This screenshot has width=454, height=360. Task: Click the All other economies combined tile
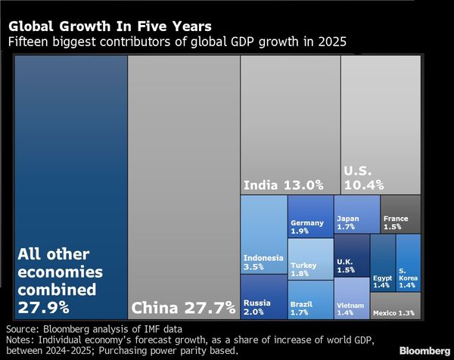(70, 189)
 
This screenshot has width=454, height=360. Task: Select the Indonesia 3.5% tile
(263, 234)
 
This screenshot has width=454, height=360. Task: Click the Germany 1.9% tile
(310, 216)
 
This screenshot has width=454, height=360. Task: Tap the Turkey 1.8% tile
(310, 259)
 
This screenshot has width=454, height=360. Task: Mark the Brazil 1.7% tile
(310, 299)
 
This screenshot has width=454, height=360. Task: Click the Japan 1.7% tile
(357, 214)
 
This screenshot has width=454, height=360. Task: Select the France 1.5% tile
(400, 214)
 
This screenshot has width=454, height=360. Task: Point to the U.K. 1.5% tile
(352, 256)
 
